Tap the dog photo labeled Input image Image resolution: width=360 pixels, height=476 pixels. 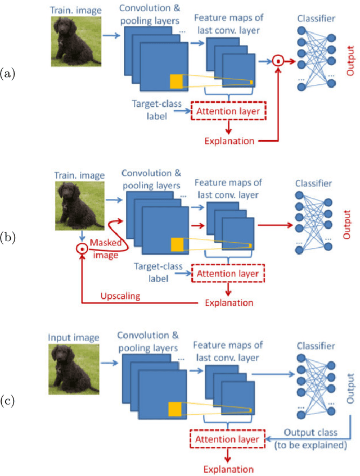71,368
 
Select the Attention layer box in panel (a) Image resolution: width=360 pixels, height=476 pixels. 228,111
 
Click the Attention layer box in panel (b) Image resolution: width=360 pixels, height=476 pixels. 228,274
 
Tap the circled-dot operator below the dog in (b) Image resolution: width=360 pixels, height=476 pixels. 83,248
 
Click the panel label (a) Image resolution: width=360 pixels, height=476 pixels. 8,72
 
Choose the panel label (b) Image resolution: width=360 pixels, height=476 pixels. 8,237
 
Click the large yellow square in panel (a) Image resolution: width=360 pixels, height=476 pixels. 177,81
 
